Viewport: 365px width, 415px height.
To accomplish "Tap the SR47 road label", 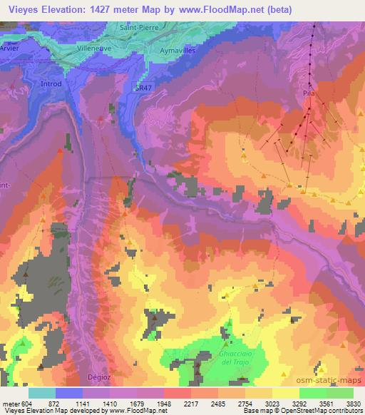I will pos(144,88).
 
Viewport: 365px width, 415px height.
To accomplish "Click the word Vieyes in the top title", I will pos(19,8).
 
